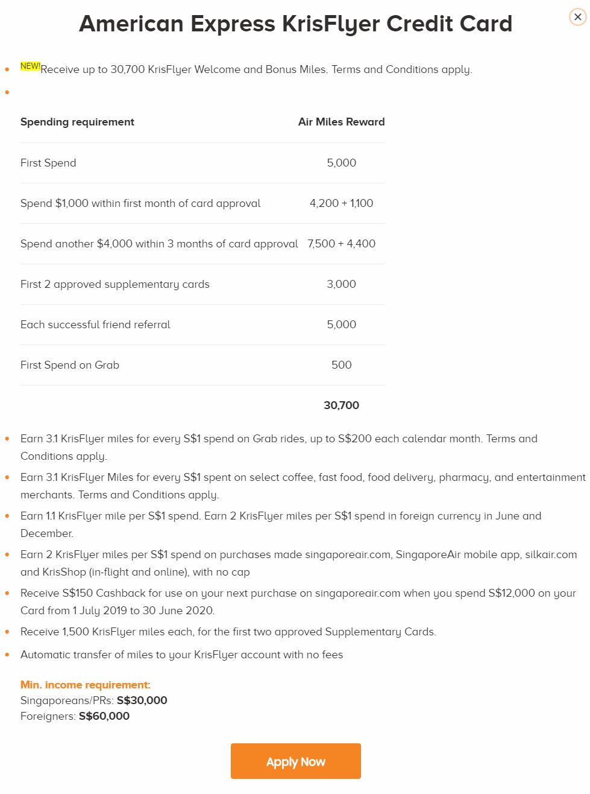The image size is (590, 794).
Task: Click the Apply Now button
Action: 295,761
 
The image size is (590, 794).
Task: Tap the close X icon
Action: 577,17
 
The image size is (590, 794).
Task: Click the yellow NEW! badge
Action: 30,66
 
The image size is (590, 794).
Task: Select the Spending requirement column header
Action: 77,122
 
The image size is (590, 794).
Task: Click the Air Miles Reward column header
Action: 341,122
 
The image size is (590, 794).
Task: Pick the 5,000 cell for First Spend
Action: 341,163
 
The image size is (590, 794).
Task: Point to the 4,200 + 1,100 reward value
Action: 341,203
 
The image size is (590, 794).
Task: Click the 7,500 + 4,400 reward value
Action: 341,244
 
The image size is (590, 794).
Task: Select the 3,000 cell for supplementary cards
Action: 341,284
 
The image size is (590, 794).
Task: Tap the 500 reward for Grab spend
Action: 341,365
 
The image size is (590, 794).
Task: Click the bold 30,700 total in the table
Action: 341,405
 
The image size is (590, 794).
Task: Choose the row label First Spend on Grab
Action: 70,365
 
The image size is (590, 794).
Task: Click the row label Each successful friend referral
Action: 95,325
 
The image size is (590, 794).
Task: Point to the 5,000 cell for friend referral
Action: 341,325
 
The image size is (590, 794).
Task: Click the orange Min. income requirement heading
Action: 86,685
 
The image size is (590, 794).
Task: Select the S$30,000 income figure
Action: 142,700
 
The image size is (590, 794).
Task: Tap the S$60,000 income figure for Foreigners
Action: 104,716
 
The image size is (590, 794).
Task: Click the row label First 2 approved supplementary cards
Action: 115,284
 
